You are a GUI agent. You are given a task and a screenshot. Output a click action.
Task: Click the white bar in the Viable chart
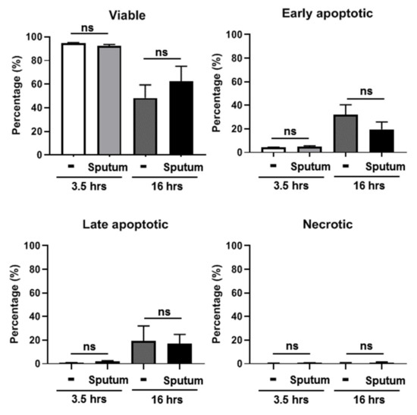pos(74,99)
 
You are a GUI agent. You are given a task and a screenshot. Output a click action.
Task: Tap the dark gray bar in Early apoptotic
pos(346,133)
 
